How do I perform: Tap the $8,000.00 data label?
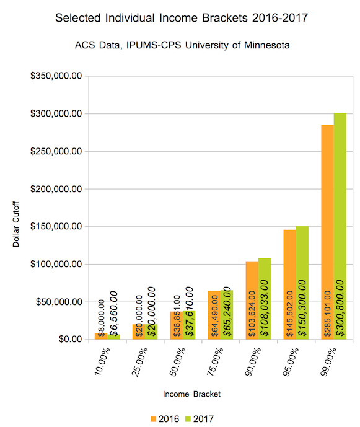(100, 317)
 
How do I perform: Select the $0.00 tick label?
(68, 340)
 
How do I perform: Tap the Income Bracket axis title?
(191, 394)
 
